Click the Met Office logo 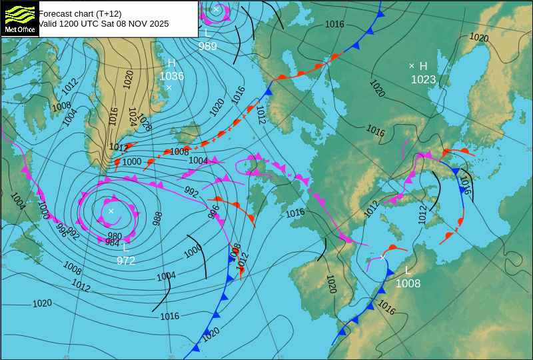(x=19, y=18)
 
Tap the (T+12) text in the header (x=107, y=13)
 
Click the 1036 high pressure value (x=171, y=76)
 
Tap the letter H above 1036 (x=171, y=63)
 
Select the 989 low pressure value (x=208, y=46)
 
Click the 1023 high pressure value (x=423, y=79)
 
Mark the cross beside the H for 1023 (x=412, y=65)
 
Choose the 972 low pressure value (x=126, y=261)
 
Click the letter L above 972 (x=125, y=247)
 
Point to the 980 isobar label (x=115, y=236)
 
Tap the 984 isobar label (x=112, y=243)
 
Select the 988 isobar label (x=157, y=218)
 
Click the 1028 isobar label (x=144, y=121)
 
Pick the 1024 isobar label (x=133, y=117)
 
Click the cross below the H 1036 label (x=169, y=87)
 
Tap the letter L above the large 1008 (x=408, y=270)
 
